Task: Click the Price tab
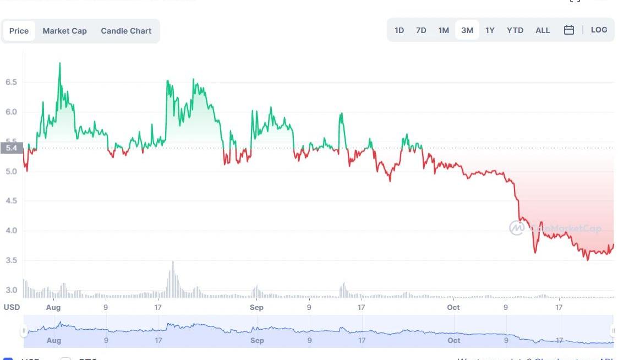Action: [x=19, y=31]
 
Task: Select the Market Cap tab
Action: [x=64, y=31]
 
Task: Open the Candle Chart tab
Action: [x=126, y=31]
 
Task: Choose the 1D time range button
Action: [x=400, y=30]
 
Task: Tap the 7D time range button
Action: [x=421, y=30]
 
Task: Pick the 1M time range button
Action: [x=444, y=30]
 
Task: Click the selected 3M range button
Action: [x=467, y=30]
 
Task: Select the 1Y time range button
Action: [x=490, y=30]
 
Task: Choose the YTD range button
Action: [x=515, y=30]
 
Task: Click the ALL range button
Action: [x=543, y=30]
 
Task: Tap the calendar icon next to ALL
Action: [x=569, y=30]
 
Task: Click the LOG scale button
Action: [x=599, y=30]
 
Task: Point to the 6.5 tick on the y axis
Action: [x=11, y=82]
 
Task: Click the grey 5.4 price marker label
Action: [x=11, y=148]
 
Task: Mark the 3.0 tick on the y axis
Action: [x=11, y=290]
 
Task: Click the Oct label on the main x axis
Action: [x=453, y=307]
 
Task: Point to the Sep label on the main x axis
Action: [x=256, y=307]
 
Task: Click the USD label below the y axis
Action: [x=12, y=307]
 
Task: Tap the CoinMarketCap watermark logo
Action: [x=517, y=228]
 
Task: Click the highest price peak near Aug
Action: [x=59, y=63]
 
